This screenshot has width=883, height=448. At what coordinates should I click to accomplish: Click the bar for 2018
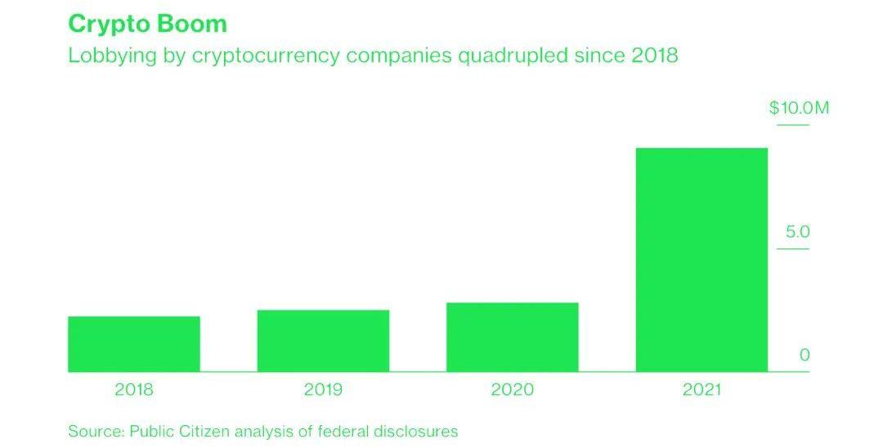click(133, 343)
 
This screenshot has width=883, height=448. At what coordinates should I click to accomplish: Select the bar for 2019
click(323, 340)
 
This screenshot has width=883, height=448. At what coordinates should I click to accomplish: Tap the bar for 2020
click(512, 337)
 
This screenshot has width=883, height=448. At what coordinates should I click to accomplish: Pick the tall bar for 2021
click(701, 259)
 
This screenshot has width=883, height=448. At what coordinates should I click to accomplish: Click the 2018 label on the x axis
click(134, 390)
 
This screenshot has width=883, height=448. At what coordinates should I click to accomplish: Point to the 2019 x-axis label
click(323, 390)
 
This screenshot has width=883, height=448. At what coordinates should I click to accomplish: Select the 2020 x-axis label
click(512, 390)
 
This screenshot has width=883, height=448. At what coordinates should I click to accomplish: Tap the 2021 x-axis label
click(701, 390)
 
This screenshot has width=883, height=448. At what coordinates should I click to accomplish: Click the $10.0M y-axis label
click(799, 108)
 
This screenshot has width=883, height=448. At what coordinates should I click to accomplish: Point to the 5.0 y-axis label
click(797, 232)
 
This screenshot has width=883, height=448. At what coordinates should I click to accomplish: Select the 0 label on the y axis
click(805, 355)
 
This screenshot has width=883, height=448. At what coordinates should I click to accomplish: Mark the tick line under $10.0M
click(792, 125)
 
